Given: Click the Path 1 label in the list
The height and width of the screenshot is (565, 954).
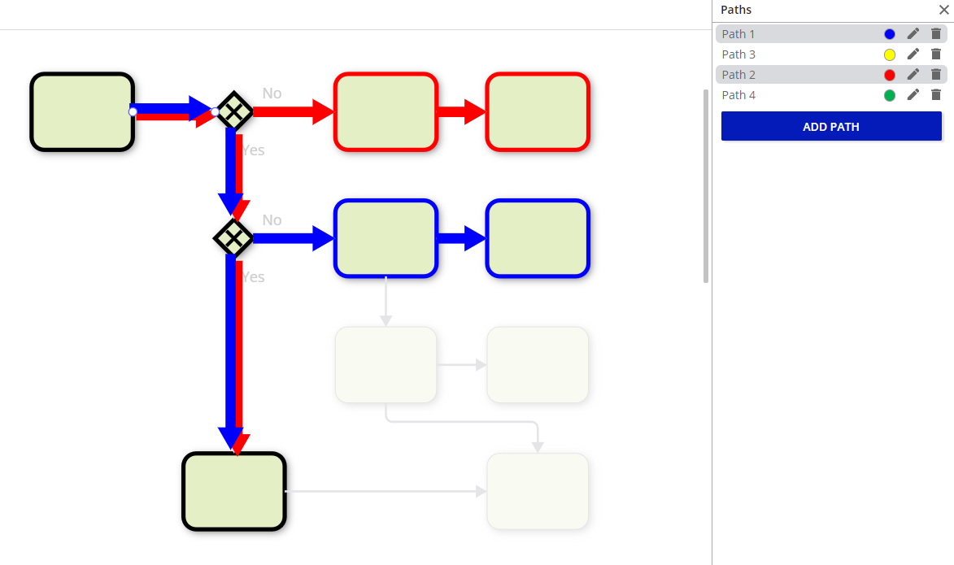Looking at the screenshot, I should point(738,34).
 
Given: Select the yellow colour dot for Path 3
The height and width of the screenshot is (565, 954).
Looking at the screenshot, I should point(890,54).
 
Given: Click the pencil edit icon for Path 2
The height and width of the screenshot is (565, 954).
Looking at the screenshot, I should point(913,75).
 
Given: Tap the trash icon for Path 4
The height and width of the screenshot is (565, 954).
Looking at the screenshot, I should point(936,95).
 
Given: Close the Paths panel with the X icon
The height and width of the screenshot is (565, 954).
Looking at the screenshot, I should point(944,10).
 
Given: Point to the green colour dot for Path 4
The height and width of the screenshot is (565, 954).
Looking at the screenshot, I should point(890,95).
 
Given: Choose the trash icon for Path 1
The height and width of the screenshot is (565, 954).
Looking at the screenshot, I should point(936,34).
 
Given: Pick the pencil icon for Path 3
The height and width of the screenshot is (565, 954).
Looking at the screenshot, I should point(913,54).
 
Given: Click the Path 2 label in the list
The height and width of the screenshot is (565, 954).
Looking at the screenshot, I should point(738,75).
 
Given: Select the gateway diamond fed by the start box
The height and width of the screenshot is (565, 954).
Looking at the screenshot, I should point(234,111).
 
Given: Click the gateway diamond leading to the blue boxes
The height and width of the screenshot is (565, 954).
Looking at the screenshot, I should point(234,238).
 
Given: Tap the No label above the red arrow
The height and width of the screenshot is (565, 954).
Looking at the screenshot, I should point(272,93).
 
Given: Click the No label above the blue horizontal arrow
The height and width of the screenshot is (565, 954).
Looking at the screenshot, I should point(272,220).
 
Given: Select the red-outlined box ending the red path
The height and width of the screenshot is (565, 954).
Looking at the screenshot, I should point(538,111).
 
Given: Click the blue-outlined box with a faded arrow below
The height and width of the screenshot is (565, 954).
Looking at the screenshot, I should point(386,238).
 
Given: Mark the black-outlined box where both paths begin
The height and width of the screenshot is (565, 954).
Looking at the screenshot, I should point(82,111).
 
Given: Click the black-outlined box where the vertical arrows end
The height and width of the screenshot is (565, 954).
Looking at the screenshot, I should point(234,492).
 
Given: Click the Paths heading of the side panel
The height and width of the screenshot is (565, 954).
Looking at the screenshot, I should point(736,10).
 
